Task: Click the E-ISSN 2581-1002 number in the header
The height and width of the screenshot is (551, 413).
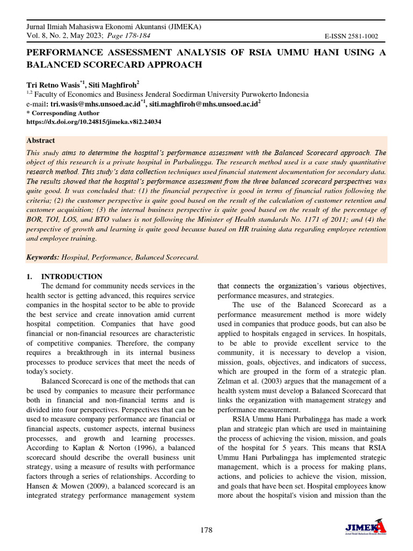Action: [x=351, y=37]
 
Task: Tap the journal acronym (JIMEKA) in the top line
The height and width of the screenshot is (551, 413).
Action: [x=181, y=26]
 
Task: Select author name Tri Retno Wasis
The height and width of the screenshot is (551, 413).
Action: [x=53, y=84]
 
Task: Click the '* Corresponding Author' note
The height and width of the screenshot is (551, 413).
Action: [x=63, y=113]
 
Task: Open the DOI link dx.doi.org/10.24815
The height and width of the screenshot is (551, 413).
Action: [x=94, y=122]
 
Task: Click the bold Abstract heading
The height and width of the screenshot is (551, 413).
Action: [x=40, y=140]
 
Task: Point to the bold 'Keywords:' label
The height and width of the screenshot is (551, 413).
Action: [x=43, y=257]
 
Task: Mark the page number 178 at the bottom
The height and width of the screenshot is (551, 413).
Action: [x=206, y=530]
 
